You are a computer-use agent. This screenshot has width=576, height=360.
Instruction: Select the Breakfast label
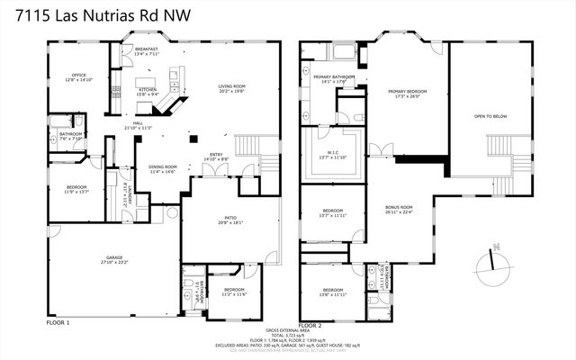(x=147, y=49)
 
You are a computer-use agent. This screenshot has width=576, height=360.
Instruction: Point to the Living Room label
(x=232, y=86)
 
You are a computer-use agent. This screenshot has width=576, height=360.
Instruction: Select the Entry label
(x=216, y=155)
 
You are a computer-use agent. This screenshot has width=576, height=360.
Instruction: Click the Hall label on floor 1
(x=139, y=123)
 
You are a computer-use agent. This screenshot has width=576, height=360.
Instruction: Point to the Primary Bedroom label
(x=408, y=92)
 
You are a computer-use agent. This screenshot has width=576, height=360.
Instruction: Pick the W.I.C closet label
(x=332, y=154)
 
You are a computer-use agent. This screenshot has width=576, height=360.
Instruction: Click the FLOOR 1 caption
(x=57, y=322)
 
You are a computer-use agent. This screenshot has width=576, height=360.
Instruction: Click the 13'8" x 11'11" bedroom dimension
(x=333, y=294)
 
